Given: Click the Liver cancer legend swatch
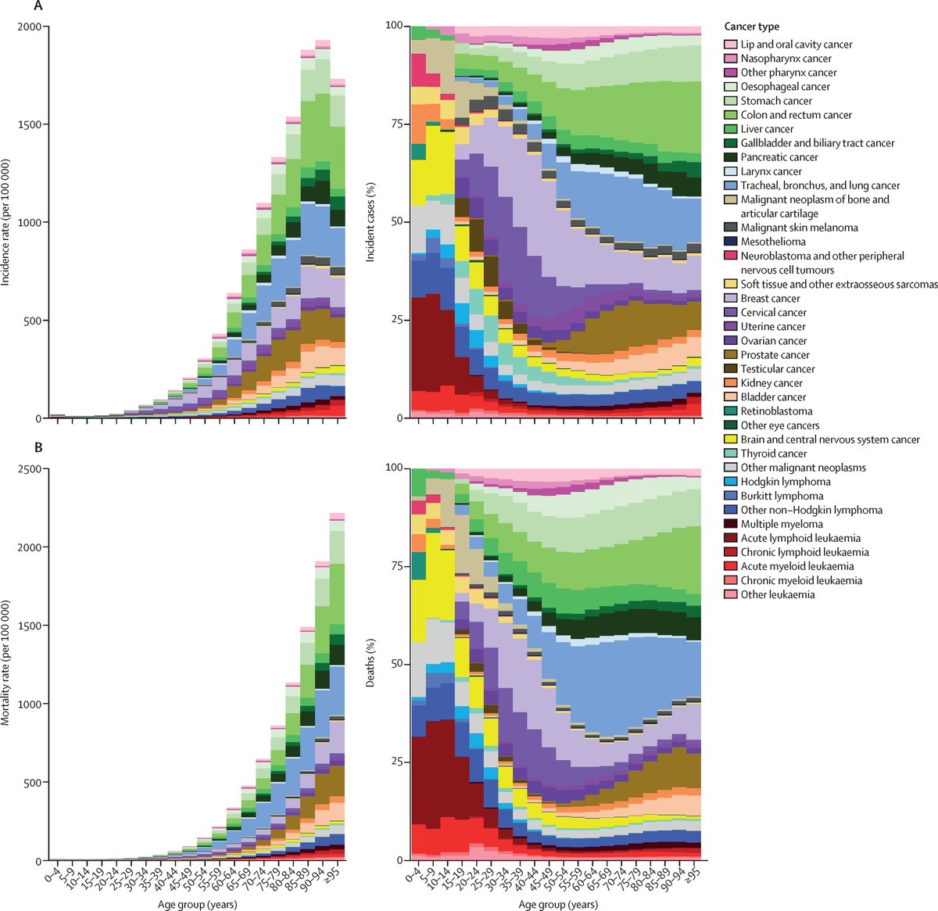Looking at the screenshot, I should tap(731, 129).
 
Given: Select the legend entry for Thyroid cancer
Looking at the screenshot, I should tap(774, 454).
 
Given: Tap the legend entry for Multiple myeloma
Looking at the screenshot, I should tap(781, 524).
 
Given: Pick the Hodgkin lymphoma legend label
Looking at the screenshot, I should tap(786, 482).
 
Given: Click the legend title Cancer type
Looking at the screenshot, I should tap(751, 27).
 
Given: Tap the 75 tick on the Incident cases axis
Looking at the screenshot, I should tap(396, 124).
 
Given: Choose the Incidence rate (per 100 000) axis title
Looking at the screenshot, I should tap(6, 222).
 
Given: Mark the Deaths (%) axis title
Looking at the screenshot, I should tap(371, 663).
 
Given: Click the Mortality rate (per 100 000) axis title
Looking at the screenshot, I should tap(6, 663).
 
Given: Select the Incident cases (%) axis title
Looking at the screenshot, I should tap(371, 222).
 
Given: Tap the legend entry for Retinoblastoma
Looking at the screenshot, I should tap(776, 411).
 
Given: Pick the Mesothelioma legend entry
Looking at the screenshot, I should tap(773, 242).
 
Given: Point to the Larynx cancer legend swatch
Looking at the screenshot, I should tap(731, 171).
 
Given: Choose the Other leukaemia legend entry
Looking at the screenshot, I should tap(778, 594).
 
